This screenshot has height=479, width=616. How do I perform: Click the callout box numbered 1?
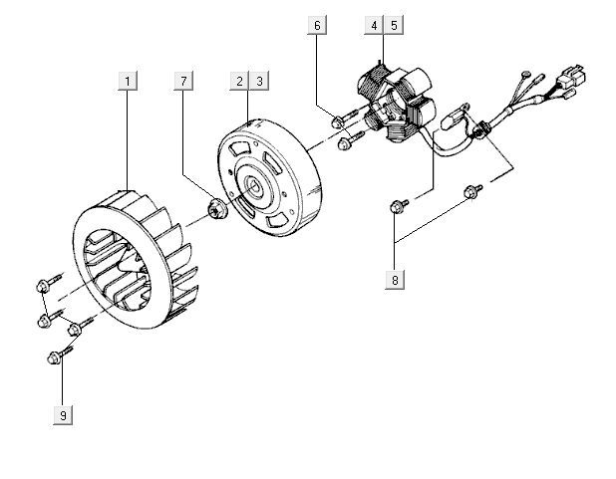coord(128,80)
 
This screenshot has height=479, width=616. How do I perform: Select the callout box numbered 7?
coord(183,80)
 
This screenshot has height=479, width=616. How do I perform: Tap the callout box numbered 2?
coord(239,80)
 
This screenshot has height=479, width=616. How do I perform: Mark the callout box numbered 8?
coord(396,280)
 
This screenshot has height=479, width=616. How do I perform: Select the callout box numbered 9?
coord(63,415)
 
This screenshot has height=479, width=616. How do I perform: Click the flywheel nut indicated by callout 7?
coord(213,210)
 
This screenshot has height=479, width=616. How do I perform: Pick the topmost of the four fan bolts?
coord(42,287)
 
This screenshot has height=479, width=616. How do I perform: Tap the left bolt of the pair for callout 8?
coord(398,206)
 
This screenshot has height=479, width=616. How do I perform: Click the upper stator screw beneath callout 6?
coord(337,121)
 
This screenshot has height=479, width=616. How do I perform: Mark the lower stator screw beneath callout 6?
coord(345,143)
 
